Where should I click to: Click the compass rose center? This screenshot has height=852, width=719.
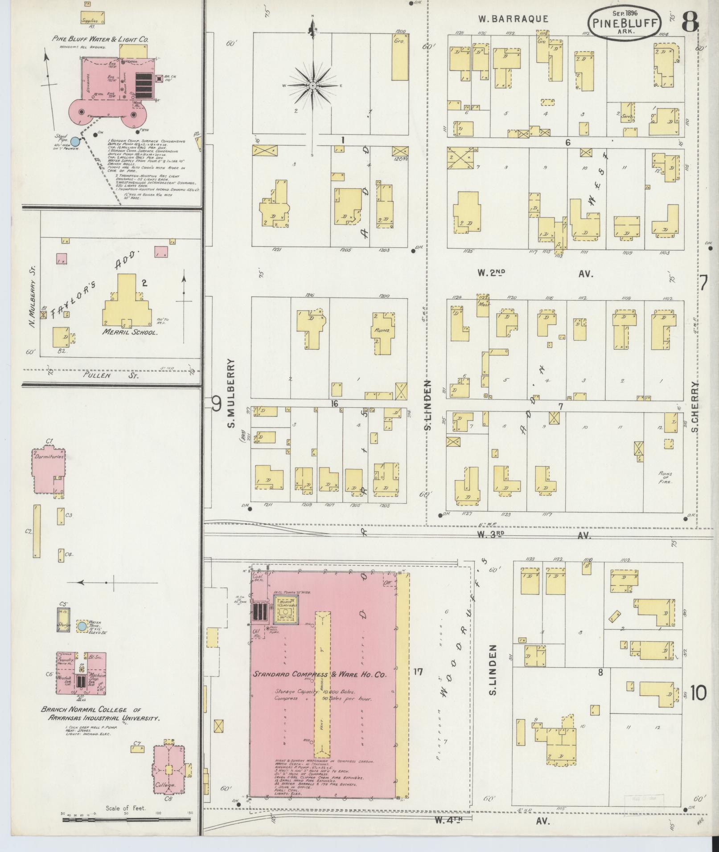coord(313,85)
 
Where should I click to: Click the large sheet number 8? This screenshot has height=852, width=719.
coord(690,21)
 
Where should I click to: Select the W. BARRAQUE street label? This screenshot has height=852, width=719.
coord(513,19)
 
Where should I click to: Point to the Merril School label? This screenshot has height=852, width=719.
coord(131,332)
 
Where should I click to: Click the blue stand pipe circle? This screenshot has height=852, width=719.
coord(76,141)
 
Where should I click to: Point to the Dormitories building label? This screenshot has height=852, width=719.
coord(48,457)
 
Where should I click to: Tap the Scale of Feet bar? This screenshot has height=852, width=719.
coord(127,819)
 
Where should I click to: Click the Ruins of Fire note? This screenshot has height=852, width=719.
coord(665,477)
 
